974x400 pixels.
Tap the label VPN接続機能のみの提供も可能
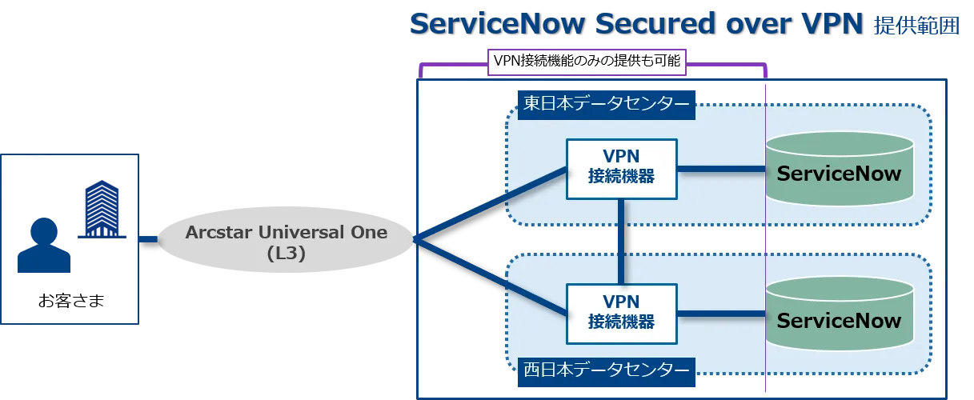(587, 62)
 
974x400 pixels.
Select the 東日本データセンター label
(606, 104)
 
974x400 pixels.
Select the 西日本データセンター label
(606, 370)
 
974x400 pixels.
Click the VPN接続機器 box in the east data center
(621, 169)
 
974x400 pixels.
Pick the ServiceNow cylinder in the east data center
(839, 174)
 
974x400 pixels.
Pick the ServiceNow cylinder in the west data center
(839, 321)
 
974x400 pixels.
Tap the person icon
(42, 247)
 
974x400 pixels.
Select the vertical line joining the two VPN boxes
(621, 241)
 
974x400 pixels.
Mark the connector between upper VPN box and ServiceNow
(720, 169)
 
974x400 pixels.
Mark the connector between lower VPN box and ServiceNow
(720, 313)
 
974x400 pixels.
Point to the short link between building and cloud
(149, 238)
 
